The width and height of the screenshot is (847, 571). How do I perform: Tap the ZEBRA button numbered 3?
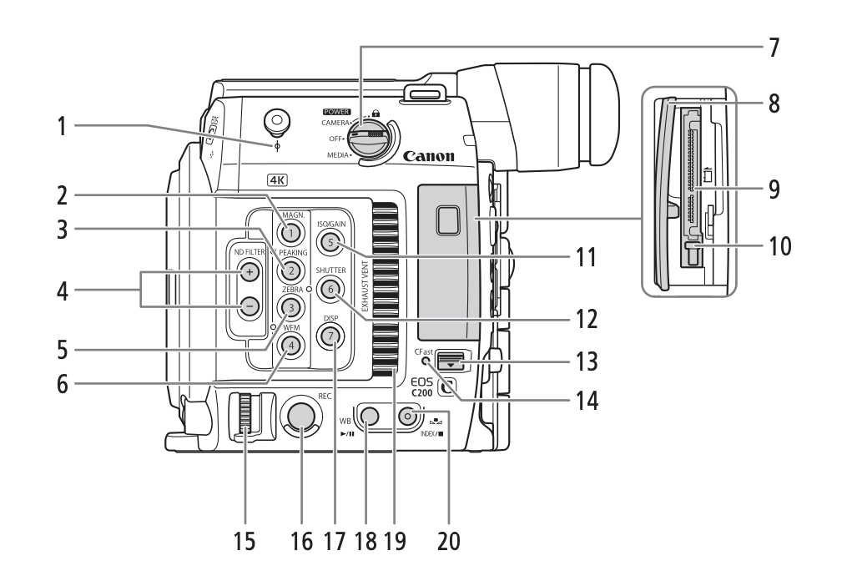pos(289,307)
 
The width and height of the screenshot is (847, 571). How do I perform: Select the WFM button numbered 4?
pos(289,344)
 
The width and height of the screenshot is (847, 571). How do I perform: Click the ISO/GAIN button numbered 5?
pos(330,243)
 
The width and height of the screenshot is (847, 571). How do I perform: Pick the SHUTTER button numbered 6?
pos(330,290)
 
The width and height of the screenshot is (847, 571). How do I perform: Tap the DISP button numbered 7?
pos(330,336)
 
